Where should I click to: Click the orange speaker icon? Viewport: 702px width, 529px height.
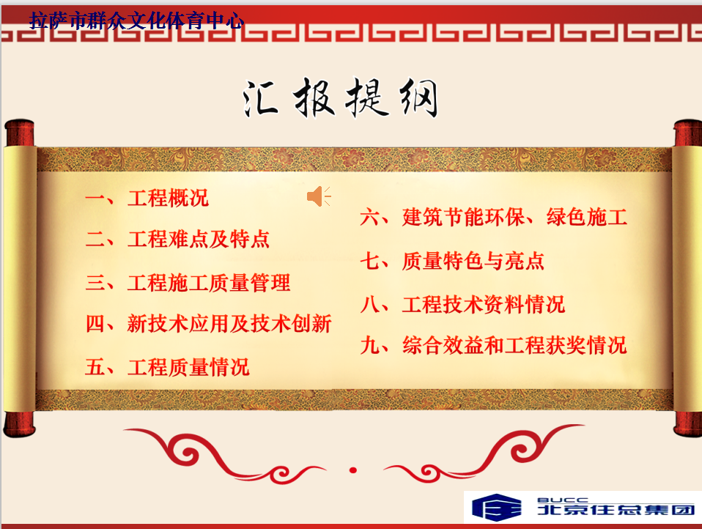pos(318,196)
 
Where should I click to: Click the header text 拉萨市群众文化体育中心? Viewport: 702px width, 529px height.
pos(136,21)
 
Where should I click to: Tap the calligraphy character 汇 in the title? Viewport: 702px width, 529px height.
pos(260,99)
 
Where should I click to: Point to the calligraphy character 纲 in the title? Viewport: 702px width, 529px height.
pos(418,98)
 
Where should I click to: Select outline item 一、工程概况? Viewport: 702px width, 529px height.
pos(147,199)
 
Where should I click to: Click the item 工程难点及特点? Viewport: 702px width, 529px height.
pos(199,240)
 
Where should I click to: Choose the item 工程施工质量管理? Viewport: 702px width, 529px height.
pos(209,283)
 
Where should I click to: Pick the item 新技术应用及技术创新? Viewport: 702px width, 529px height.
pos(229,324)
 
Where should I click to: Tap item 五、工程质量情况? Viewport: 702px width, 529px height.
pos(167,367)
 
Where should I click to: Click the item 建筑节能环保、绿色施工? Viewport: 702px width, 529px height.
pos(514,218)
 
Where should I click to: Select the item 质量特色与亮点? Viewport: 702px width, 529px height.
pos(473,262)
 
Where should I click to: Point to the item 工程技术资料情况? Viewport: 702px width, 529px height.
pos(484,305)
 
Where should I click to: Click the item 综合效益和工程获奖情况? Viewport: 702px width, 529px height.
pos(514,346)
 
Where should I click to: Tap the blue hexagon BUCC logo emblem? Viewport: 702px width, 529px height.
pos(497,507)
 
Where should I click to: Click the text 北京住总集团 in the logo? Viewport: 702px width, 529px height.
pos(616,510)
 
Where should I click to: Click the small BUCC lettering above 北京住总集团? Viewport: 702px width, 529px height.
pos(563,500)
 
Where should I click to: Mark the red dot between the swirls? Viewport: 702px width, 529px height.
pos(352,470)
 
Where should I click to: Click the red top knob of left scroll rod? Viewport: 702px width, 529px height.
pos(20,133)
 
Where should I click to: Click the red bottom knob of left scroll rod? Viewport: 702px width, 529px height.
pos(19,423)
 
